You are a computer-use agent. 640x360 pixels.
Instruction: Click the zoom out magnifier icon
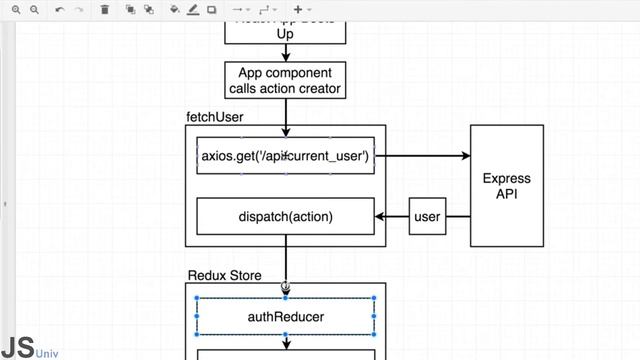coord(34,10)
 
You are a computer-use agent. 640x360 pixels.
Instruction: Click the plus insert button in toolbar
coord(298,10)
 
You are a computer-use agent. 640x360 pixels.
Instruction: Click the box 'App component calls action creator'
coord(285,81)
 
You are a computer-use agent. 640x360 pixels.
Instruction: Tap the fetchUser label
coord(214,117)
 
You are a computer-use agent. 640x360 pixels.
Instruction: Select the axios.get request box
coord(285,156)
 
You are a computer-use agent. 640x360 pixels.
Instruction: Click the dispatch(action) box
coord(285,216)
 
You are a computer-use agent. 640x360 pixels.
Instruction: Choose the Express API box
coord(506,186)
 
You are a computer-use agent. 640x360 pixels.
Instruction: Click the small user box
coord(427,216)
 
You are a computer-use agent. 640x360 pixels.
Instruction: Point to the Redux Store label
coord(225,275)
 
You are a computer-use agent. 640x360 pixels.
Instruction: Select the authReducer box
coord(285,317)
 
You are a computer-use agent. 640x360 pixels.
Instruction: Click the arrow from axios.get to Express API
coord(420,156)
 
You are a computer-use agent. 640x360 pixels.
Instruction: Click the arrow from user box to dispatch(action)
coord(392,216)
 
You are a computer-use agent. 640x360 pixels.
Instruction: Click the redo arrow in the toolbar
coord(80,10)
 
